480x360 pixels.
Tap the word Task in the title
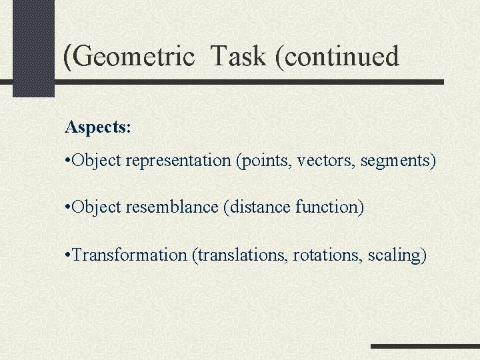(x=238, y=57)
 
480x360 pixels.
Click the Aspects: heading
(x=98, y=127)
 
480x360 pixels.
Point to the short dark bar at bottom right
(x=425, y=346)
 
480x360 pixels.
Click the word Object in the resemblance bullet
(x=95, y=207)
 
